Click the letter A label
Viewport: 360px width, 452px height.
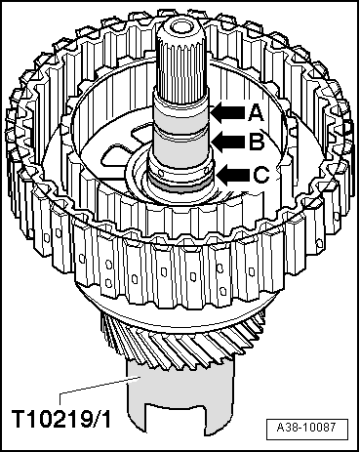pos(257,113)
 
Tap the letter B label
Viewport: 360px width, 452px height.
pos(257,143)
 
